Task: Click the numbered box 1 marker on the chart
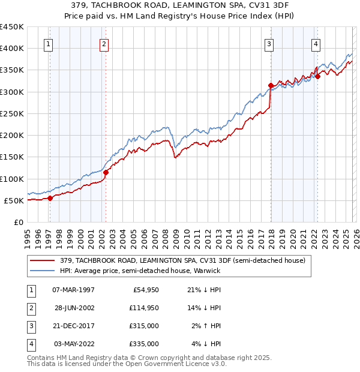47,44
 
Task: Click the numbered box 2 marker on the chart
104,44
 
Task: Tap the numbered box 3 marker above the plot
269,44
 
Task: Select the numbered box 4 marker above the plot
316,44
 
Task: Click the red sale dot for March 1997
50,199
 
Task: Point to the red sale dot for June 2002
106,173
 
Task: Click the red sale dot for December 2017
271,85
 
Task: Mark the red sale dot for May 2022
318,76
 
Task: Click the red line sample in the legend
43,260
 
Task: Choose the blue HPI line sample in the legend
43,271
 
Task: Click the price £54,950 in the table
144,290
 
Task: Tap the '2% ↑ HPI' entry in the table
206,326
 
